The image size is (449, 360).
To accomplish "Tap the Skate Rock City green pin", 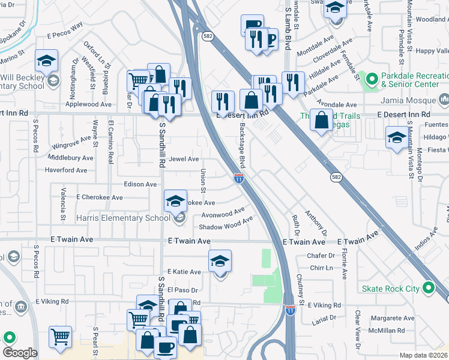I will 428,289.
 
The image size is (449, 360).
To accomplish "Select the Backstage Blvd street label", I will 243,146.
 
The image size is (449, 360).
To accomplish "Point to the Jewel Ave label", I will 184,159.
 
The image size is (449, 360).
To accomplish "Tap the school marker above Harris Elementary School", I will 175,201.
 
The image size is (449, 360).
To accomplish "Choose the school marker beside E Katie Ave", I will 220,260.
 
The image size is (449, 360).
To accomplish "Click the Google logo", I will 19,353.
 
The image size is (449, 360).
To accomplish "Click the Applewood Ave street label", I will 88,104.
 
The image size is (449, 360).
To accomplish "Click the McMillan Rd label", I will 393,330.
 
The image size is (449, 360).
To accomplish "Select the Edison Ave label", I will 140,184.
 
